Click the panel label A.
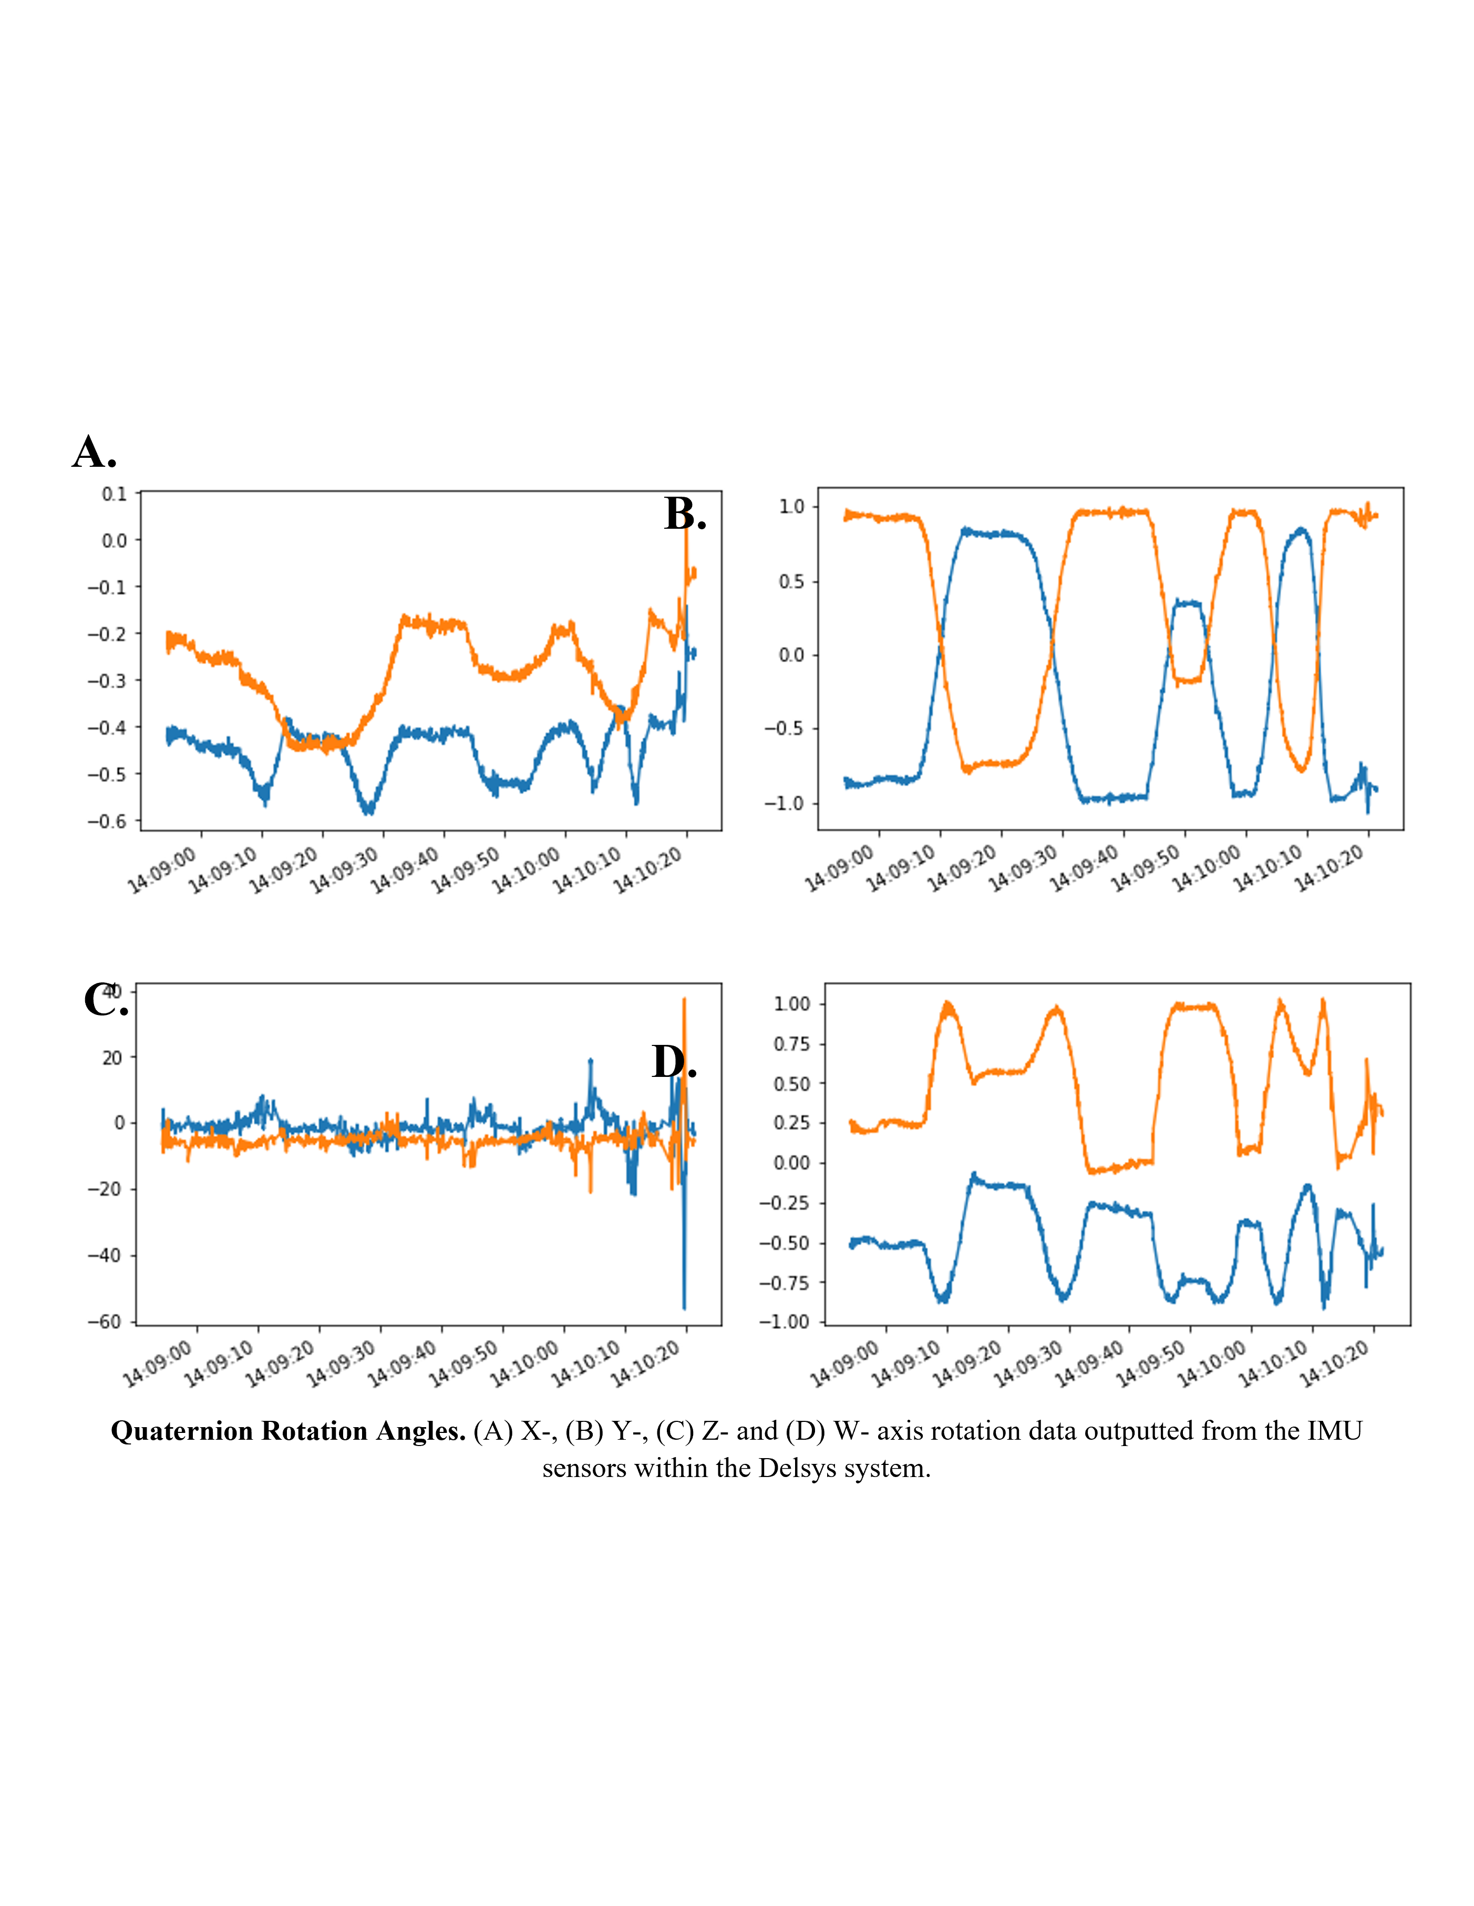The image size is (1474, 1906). tap(94, 452)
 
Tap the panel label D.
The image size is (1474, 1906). tap(673, 1062)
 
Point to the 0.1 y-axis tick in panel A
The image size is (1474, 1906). tap(115, 494)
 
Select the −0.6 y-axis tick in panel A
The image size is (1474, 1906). tap(107, 821)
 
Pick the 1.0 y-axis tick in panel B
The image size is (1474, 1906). tap(791, 506)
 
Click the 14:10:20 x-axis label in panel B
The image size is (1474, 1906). tap(1329, 868)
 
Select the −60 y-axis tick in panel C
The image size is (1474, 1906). tap(105, 1321)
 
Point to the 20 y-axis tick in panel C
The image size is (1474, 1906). tap(112, 1057)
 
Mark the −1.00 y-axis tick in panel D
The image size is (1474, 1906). tap(784, 1321)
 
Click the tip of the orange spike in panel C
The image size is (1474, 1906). tap(685, 998)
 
